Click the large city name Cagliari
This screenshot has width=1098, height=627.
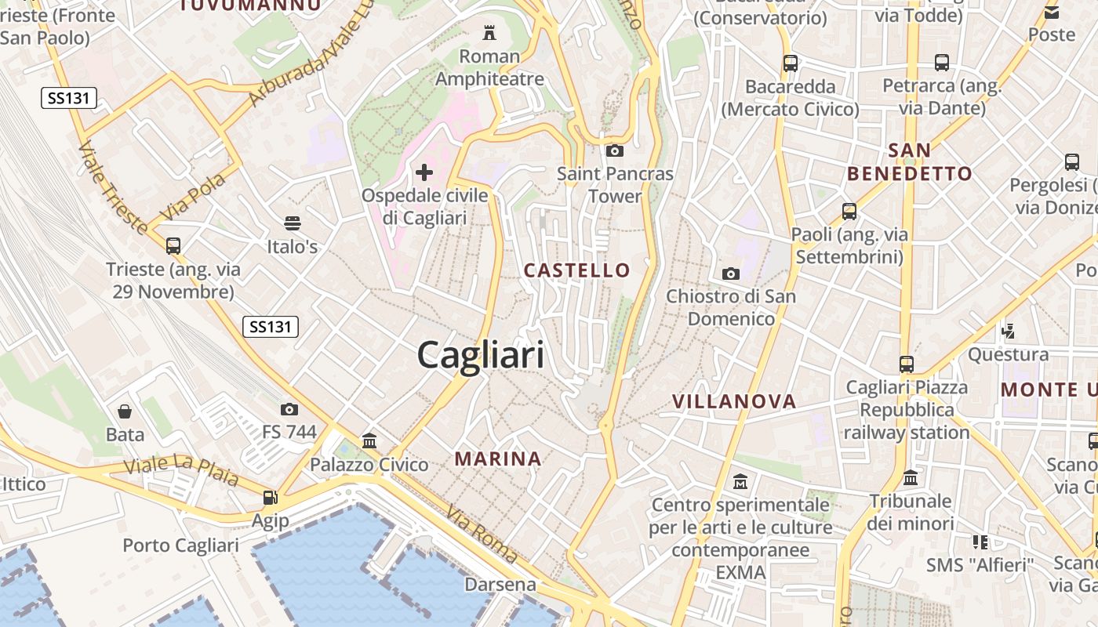480,355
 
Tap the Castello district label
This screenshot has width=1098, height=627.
576,270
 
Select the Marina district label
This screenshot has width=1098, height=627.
498,458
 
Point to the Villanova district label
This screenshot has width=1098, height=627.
734,401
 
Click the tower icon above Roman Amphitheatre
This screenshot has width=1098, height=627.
489,32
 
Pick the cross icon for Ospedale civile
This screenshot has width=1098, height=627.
424,172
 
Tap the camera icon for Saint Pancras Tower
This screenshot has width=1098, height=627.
615,150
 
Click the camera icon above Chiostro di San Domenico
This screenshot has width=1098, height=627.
730,274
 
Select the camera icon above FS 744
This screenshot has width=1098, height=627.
289,409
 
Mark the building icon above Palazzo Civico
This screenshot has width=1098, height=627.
369,440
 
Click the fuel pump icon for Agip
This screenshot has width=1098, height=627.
270,497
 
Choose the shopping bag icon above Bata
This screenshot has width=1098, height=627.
125,411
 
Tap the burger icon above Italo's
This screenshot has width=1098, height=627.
293,223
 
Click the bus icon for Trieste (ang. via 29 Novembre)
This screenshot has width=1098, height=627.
173,246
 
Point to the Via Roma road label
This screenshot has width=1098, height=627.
482,535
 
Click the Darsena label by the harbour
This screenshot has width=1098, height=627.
500,585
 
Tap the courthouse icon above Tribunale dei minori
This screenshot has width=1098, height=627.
911,477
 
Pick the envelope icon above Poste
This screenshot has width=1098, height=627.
1052,12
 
